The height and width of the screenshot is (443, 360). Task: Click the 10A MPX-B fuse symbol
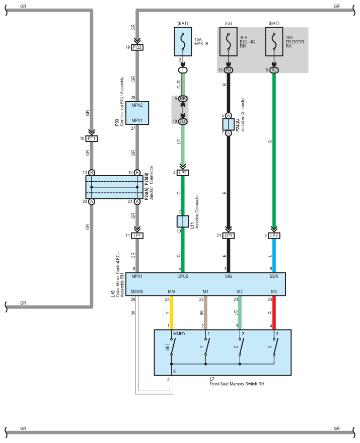[183, 41]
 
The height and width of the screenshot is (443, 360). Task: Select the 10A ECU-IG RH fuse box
[228, 41]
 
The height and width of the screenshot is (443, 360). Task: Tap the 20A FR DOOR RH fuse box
[274, 41]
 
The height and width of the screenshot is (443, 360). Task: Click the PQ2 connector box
[137, 47]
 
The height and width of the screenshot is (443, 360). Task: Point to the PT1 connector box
[92, 138]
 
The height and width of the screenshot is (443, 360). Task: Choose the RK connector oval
[183, 99]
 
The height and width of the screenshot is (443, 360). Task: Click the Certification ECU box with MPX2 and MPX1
[137, 113]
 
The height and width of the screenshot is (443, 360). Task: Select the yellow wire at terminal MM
[172, 313]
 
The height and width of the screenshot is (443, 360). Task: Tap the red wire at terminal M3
[274, 313]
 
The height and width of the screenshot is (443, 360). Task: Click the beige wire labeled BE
[206, 313]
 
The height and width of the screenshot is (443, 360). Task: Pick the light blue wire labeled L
[274, 256]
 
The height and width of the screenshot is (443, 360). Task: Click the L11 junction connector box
[183, 221]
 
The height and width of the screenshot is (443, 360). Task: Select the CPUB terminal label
[183, 276]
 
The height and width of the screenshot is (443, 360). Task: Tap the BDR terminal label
[274, 276]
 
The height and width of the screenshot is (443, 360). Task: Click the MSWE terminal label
[137, 291]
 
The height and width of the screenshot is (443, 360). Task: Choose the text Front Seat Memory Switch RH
[237, 384]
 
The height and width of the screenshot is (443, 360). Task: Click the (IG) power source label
[228, 23]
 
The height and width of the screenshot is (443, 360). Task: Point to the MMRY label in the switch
[179, 334]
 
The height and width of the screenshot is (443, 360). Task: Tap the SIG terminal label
[228, 276]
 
